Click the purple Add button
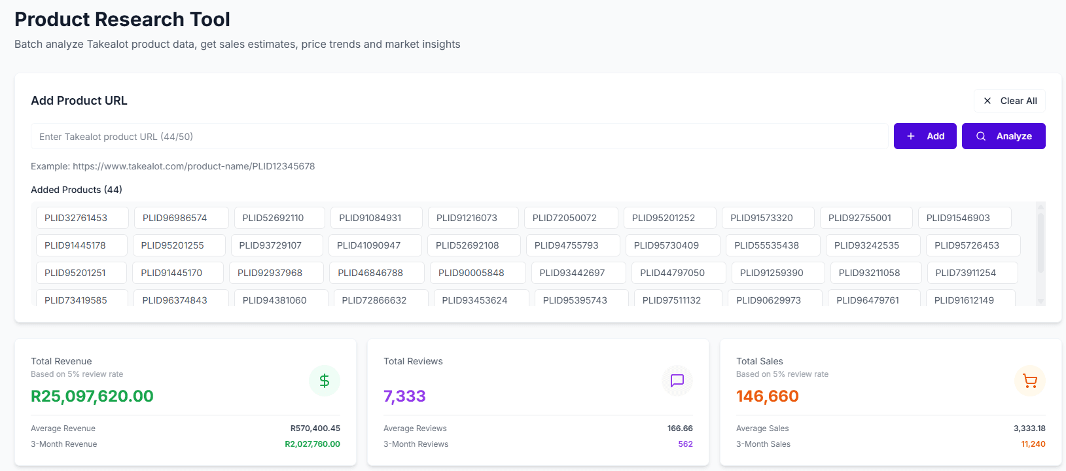tap(925, 136)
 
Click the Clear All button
tap(1010, 101)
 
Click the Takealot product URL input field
tap(458, 137)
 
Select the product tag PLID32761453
tap(76, 218)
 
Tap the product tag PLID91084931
tap(370, 218)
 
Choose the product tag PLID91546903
tap(958, 218)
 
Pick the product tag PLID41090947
tap(368, 245)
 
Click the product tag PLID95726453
tap(967, 245)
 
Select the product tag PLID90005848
tap(471, 273)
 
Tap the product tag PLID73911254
tap(965, 273)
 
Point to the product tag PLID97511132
tap(671, 300)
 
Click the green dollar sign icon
tap(325, 381)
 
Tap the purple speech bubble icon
tap(677, 381)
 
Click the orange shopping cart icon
tap(1030, 381)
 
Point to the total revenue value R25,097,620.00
tap(92, 396)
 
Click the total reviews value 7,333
tap(404, 396)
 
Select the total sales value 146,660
tap(768, 396)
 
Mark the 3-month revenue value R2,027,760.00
tap(312, 444)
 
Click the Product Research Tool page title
tap(122, 20)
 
